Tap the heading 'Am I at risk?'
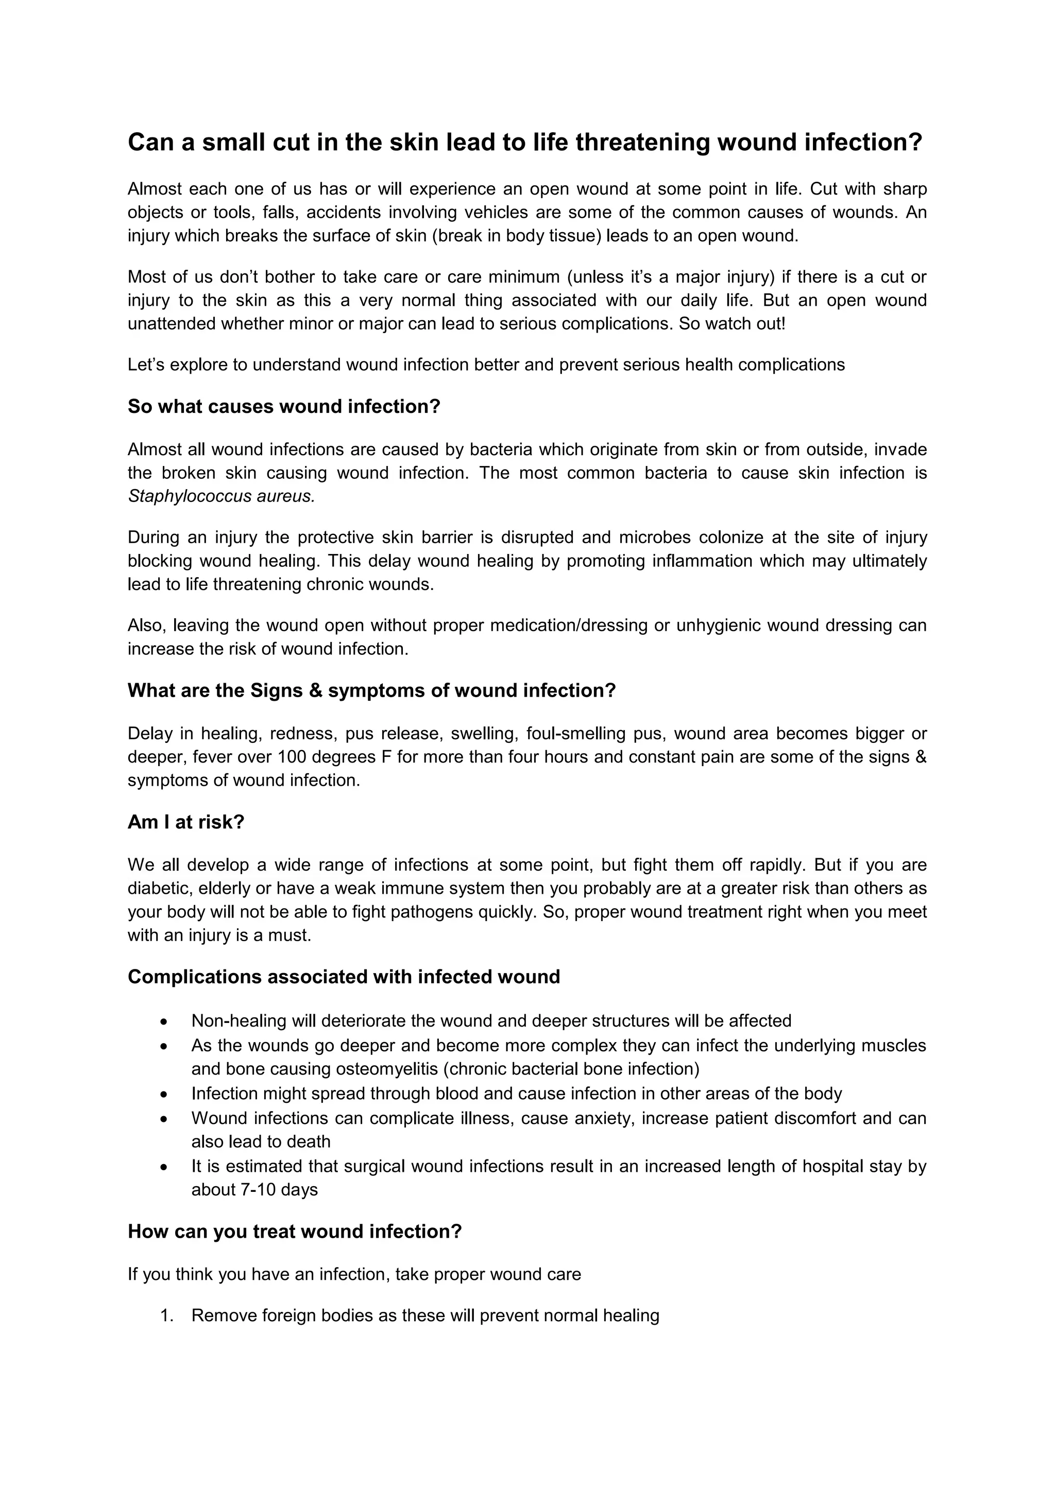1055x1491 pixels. tap(186, 822)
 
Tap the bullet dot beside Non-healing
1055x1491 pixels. tap(164, 1022)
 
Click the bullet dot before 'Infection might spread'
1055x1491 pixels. tap(164, 1095)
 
